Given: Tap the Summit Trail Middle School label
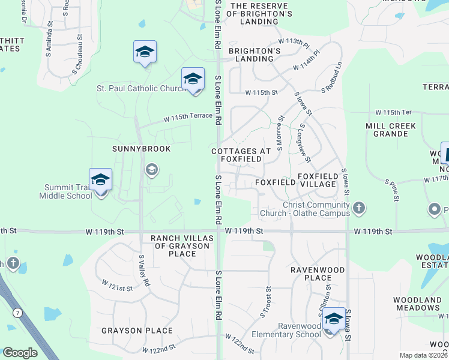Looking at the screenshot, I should pos(66,191).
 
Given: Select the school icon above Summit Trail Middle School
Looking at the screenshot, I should pos(101,180).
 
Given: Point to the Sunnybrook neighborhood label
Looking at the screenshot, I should pos(142,148).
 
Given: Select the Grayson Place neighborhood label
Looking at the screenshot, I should pos(137,331).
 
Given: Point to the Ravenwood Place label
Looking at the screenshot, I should pos(318,274).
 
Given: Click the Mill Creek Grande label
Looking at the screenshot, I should pos(391,130).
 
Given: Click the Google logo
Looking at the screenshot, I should pos(20,353).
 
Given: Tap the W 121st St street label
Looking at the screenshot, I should pos(117,285).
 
